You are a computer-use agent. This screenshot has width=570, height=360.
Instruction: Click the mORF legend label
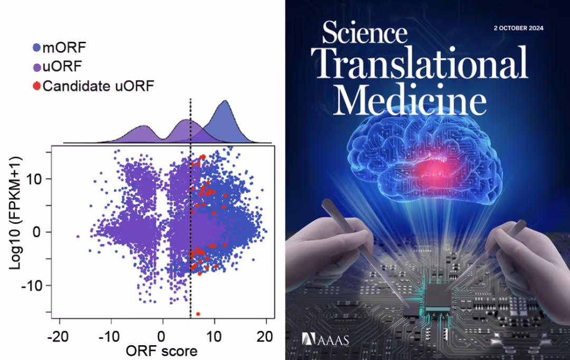click(64, 49)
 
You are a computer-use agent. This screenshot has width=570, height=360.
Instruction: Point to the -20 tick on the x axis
click(60, 336)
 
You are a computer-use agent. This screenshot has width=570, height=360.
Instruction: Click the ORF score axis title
click(162, 350)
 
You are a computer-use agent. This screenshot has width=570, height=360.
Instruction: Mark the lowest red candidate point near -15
click(198, 314)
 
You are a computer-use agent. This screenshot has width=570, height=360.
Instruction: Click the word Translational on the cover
click(423, 63)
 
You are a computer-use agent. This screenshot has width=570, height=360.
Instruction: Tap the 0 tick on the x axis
click(163, 336)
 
